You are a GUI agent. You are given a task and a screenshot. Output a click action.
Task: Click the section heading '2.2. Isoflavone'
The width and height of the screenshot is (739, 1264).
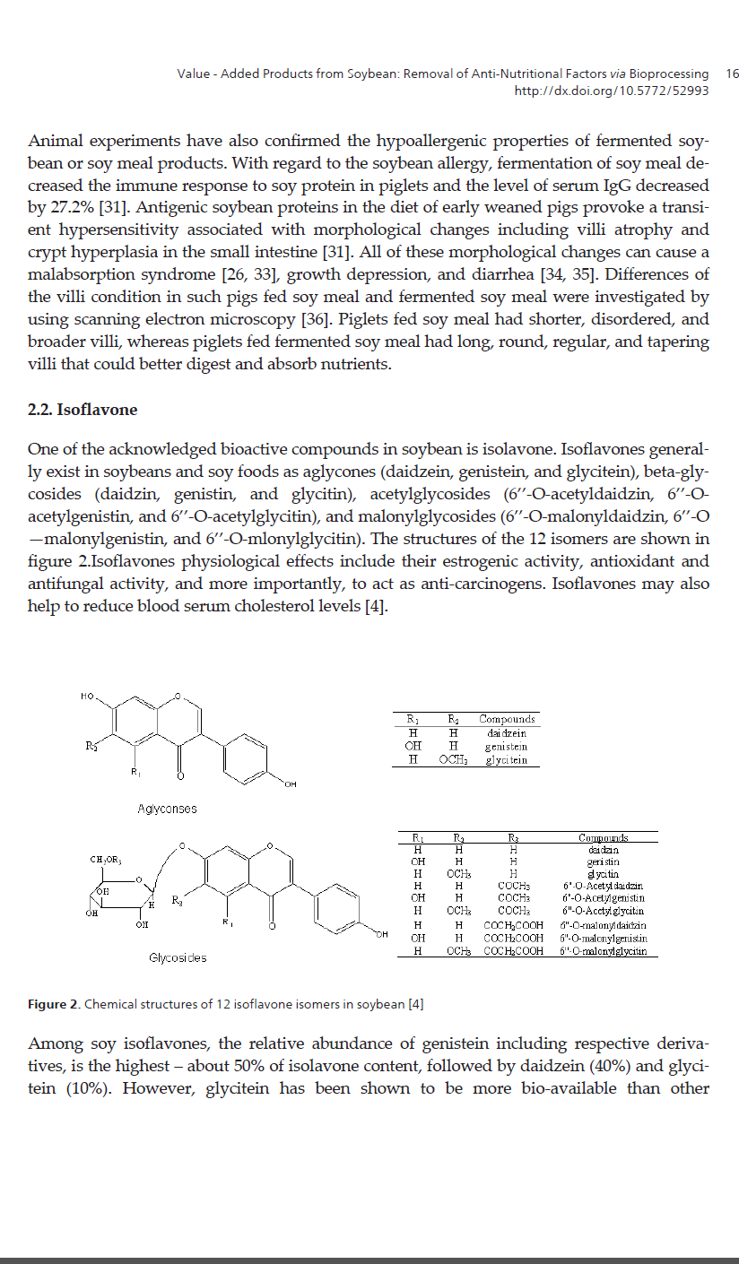(83, 410)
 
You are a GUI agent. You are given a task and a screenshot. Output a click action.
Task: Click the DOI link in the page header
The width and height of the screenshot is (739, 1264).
(611, 91)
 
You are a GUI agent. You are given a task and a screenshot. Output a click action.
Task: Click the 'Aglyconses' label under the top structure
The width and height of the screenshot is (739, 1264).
(167, 809)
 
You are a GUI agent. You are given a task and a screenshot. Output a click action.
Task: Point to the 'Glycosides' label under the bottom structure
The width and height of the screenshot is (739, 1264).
(178, 957)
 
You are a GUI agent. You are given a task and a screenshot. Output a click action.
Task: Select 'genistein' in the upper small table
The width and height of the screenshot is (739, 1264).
(506, 746)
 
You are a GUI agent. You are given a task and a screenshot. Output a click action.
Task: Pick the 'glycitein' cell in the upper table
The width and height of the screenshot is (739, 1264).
(506, 759)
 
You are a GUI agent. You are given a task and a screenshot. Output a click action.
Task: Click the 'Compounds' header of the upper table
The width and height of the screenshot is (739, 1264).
(507, 719)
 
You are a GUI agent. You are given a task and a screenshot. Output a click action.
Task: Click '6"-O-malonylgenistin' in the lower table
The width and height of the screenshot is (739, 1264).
(603, 938)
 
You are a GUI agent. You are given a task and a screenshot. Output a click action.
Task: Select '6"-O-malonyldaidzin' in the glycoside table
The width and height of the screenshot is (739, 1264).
(603, 925)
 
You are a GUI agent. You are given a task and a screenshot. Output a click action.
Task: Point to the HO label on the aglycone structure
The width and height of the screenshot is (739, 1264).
(88, 696)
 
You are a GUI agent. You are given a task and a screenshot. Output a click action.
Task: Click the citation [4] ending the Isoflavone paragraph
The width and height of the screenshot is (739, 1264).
(374, 606)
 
